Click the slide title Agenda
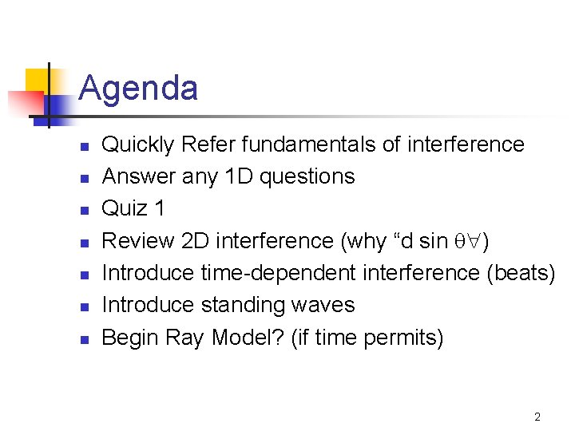138,88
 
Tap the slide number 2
537,417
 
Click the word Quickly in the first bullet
138,144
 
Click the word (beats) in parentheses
520,273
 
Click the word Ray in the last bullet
185,338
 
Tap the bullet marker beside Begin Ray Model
83,339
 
